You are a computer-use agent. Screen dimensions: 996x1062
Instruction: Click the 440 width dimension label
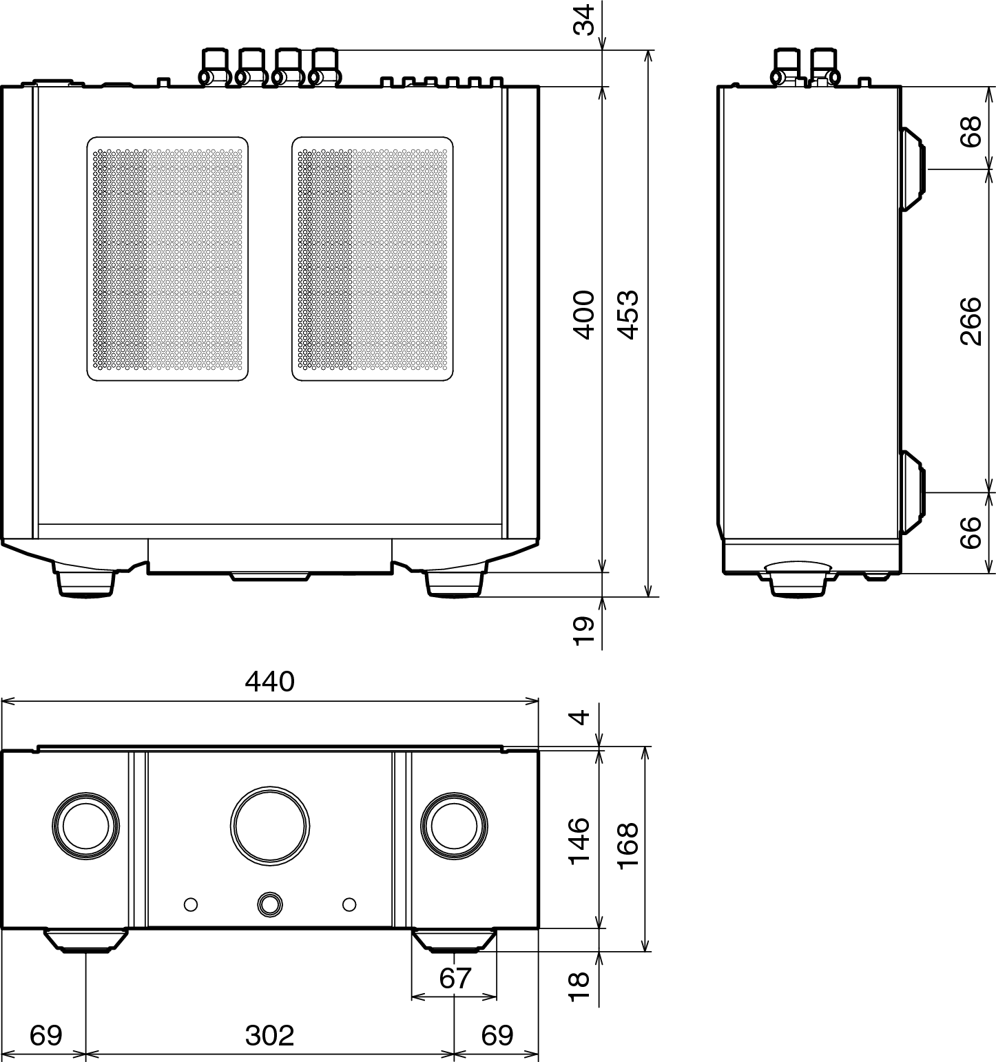269,682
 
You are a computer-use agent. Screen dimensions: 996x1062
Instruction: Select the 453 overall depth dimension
628,315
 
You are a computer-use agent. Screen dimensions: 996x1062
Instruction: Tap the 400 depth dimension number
583,315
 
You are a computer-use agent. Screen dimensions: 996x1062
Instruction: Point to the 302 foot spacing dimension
269,1035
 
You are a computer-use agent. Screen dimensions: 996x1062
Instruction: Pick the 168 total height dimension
628,845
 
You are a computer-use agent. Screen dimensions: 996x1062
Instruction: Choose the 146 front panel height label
579,840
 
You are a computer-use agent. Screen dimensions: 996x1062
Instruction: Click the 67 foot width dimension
455,978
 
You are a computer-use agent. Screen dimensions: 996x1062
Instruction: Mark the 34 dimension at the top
583,19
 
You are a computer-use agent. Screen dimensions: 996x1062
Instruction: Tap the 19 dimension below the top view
583,630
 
